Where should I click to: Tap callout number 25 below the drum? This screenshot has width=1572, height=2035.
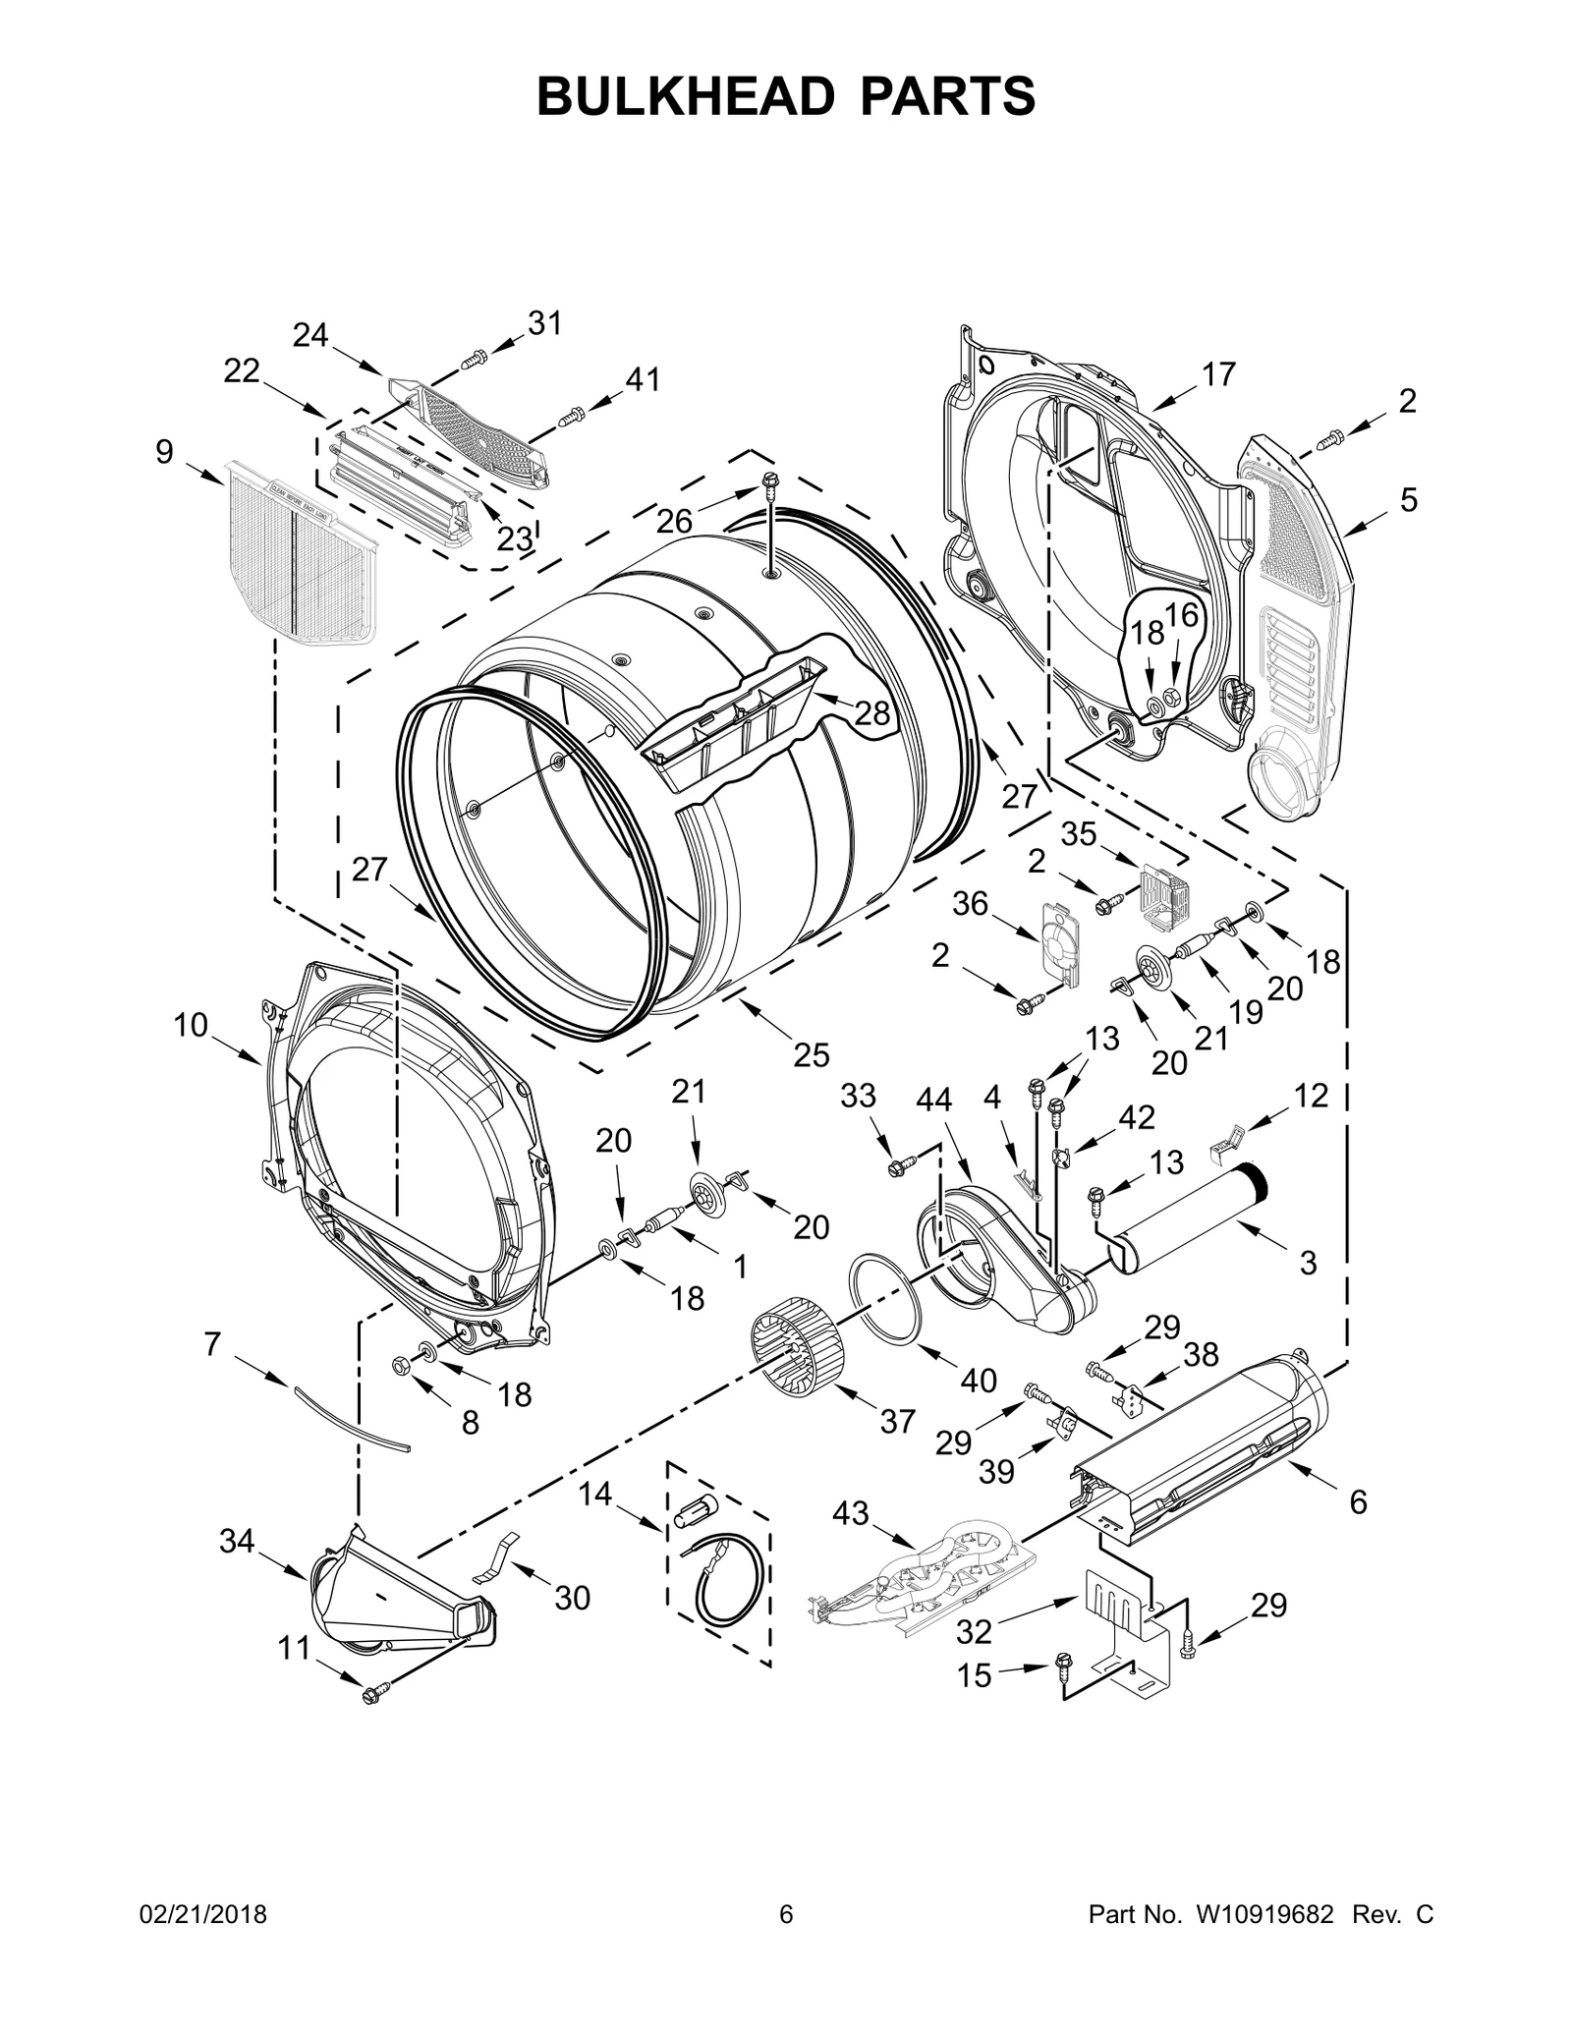click(812, 1054)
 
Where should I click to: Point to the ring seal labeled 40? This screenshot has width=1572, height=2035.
click(885, 1299)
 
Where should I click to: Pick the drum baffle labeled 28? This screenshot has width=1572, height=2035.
click(732, 724)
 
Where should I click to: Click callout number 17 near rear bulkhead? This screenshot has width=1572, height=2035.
click(1218, 374)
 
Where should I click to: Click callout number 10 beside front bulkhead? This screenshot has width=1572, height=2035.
click(192, 1025)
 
